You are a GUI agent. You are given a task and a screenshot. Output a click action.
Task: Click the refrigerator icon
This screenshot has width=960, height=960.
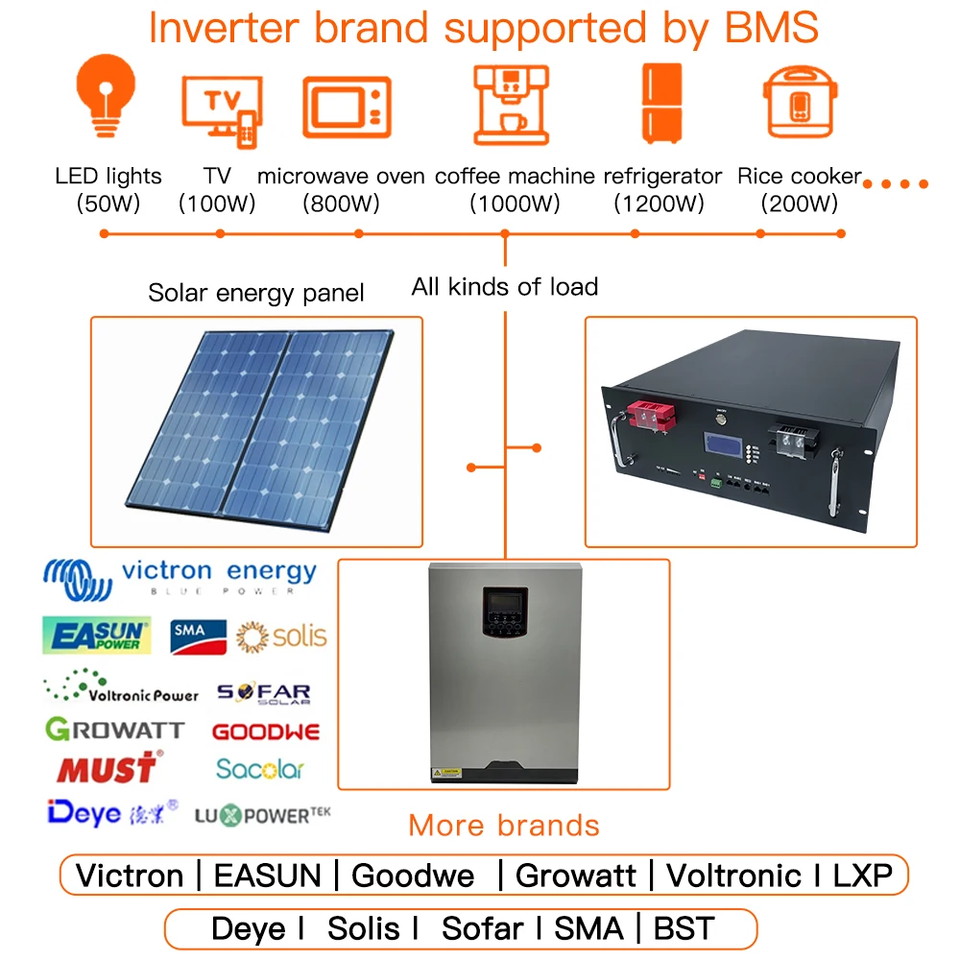[x=661, y=102]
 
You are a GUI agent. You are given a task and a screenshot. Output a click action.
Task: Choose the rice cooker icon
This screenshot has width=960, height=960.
[x=800, y=105]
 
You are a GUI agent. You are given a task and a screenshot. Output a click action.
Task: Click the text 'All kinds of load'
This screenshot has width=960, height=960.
[x=504, y=286]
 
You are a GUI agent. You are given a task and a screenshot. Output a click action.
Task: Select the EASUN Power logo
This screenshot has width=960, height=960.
[x=97, y=635]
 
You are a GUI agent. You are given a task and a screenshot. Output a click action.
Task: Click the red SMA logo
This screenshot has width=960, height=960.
[x=198, y=636]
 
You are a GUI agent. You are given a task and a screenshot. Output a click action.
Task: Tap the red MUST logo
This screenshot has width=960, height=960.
[x=107, y=768]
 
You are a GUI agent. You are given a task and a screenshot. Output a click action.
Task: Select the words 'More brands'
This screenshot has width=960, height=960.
[x=504, y=826]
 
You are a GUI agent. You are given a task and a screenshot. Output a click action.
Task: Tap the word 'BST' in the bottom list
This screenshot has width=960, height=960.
[x=684, y=928]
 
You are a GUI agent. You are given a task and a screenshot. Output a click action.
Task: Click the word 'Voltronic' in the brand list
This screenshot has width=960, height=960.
[x=734, y=875]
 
